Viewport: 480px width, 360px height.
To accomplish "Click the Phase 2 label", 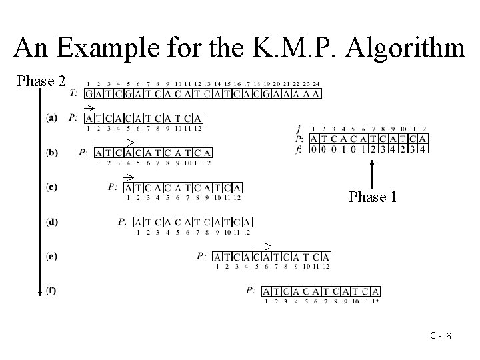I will [41, 81].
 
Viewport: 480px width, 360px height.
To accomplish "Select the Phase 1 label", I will [373, 197].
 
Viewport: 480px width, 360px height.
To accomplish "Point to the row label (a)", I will [52, 118].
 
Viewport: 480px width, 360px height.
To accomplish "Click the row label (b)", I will [52, 153].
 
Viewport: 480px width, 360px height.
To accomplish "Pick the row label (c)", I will [52, 187].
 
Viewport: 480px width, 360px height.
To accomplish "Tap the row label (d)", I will [52, 221].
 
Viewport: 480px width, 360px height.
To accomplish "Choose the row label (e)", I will [52, 256].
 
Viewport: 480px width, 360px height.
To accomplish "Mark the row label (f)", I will [52, 291].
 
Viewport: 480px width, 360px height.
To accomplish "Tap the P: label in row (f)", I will [251, 291].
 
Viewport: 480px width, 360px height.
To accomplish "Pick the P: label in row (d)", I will [123, 221].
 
